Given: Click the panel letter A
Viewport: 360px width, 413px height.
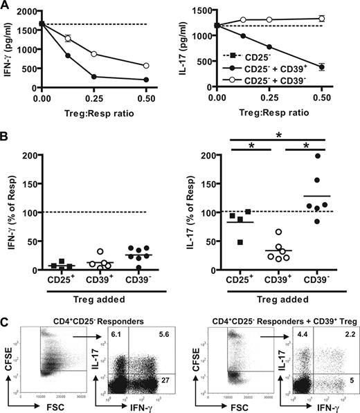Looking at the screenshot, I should click(6, 6).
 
